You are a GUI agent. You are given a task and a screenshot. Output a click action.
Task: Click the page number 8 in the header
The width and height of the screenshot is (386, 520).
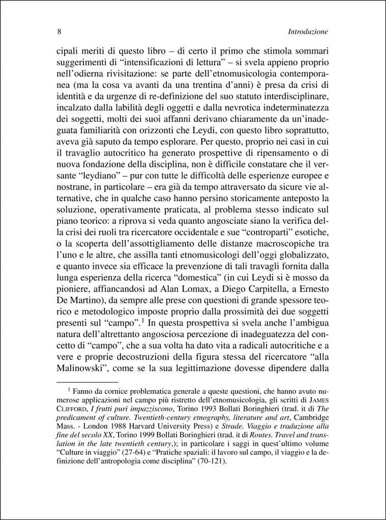click(59, 31)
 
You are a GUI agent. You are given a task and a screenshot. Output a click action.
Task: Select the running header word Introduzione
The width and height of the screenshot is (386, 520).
click(307, 31)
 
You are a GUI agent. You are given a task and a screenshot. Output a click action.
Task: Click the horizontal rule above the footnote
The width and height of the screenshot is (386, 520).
click(86, 381)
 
